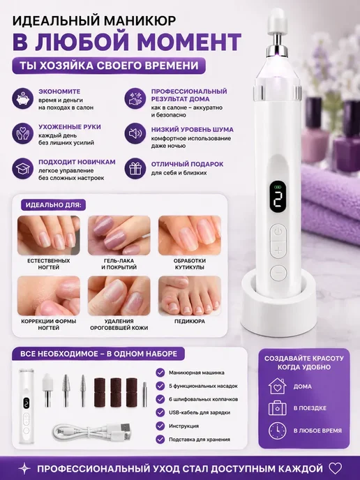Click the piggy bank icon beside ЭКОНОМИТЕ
pyautogui.click(x=22, y=98)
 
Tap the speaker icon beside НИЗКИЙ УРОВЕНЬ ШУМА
pyautogui.click(x=135, y=133)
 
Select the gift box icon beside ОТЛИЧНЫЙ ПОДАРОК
pyautogui.click(x=135, y=168)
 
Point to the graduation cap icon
pyautogui.click(x=22, y=168)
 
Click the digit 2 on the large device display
pyautogui.click(x=278, y=202)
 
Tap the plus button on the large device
pyautogui.click(x=278, y=250)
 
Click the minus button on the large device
pyautogui.click(x=278, y=272)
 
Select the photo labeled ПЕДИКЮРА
pyautogui.click(x=190, y=296)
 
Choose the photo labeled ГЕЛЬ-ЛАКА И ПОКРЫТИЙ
pyautogui.click(x=119, y=235)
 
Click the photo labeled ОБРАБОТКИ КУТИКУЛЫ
pyautogui.click(x=190, y=235)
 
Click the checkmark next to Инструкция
pyautogui.click(x=160, y=426)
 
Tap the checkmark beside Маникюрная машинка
pyautogui.click(x=160, y=373)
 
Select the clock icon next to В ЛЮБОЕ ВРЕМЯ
pyautogui.click(x=278, y=430)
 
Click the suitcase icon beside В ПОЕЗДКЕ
pyautogui.click(x=278, y=408)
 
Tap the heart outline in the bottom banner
pyautogui.click(x=334, y=468)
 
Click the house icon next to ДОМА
pyautogui.click(x=278, y=386)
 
